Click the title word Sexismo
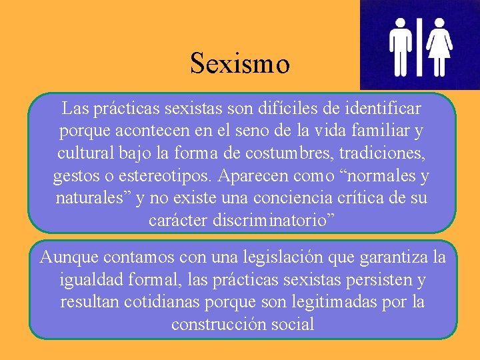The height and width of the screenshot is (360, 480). click(x=240, y=64)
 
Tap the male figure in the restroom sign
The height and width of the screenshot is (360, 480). click(x=401, y=45)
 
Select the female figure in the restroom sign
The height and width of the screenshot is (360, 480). click(x=440, y=45)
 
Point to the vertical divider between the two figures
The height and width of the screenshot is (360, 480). click(x=420, y=45)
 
